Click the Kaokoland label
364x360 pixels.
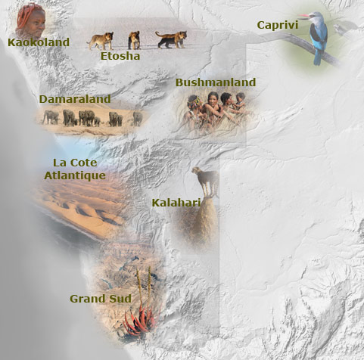coord(39,42)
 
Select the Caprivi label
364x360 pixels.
coord(278,25)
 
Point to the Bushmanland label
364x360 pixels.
coord(216,82)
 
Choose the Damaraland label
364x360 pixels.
coord(75,99)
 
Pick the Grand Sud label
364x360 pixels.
coord(101,299)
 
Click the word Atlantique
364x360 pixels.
coord(74,175)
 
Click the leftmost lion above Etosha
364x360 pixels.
coord(101,40)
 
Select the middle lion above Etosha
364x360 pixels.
coord(134,39)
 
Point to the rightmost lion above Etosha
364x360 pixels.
coord(171,39)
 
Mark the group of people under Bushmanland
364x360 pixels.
coord(216,110)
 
